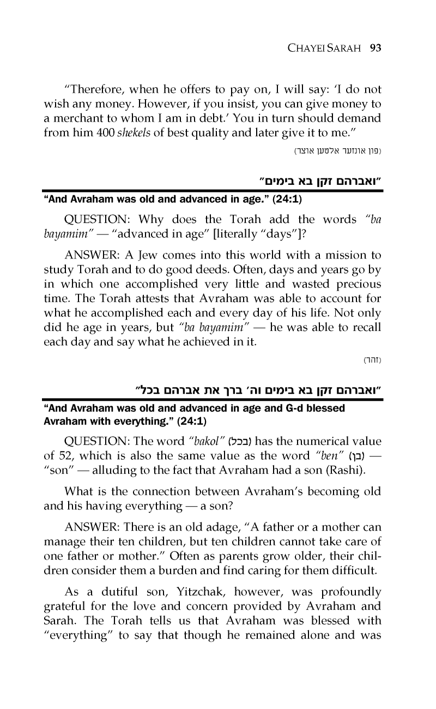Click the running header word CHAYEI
click(x=307, y=48)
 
